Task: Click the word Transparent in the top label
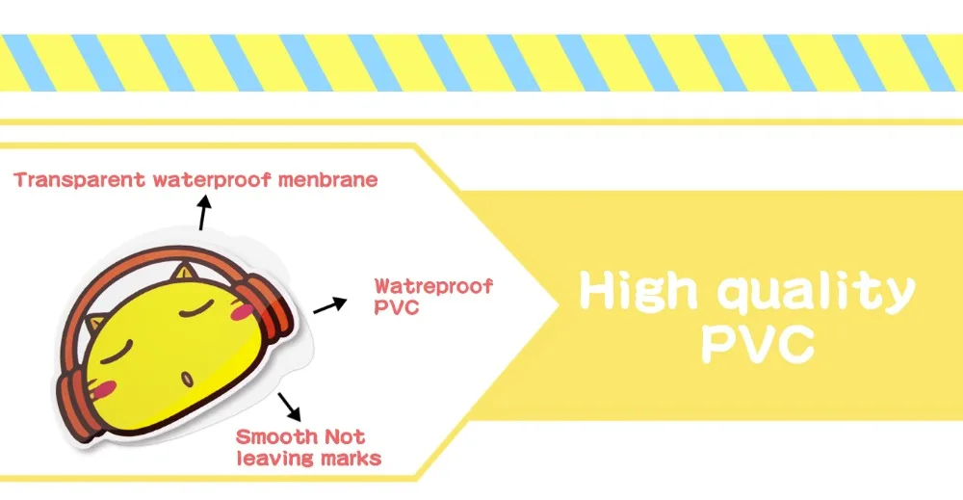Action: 80,180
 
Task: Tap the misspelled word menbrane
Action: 328,180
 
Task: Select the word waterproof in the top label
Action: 212,180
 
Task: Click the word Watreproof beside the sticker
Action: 433,287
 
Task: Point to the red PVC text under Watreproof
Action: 397,307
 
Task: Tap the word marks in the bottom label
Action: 353,459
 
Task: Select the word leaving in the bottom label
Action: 278,460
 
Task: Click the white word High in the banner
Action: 638,292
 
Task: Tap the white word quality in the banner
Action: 817,293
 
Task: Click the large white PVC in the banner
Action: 758,344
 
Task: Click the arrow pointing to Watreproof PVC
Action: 330,305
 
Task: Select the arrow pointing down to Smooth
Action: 289,407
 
